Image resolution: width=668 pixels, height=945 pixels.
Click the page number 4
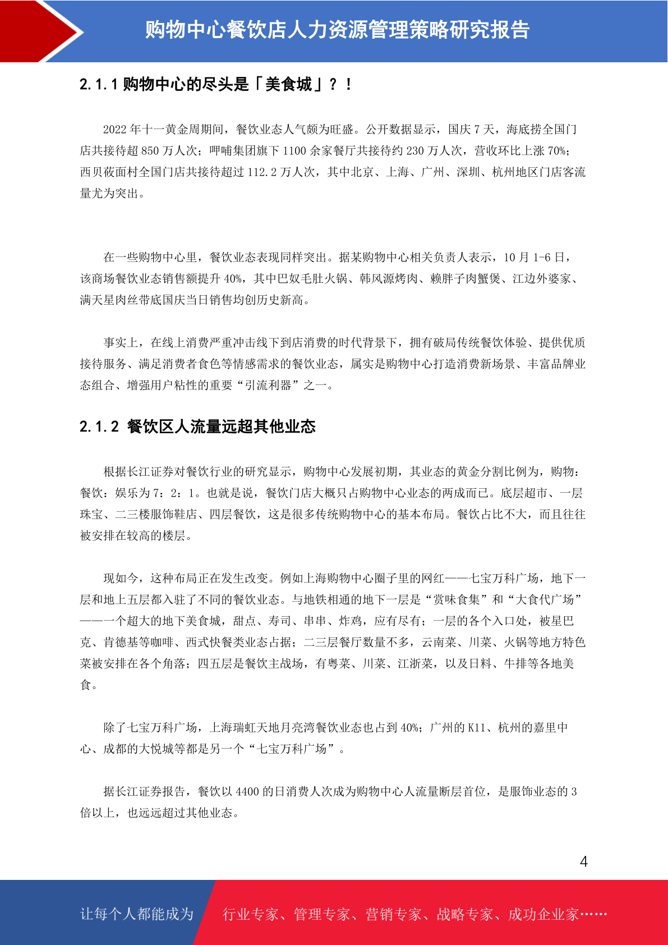(x=583, y=862)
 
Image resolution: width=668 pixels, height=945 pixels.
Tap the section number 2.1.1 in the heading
(x=99, y=85)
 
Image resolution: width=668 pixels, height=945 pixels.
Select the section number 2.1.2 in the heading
(x=99, y=427)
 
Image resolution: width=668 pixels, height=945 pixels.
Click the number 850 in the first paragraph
(x=150, y=151)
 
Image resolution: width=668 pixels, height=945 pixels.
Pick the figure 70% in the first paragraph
(x=556, y=151)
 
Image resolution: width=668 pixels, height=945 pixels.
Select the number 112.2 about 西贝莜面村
(x=262, y=172)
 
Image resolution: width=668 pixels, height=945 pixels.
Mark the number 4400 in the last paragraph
(x=247, y=792)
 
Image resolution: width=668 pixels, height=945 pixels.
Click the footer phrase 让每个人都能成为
(x=137, y=914)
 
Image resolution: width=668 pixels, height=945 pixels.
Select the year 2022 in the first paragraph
(x=115, y=130)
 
